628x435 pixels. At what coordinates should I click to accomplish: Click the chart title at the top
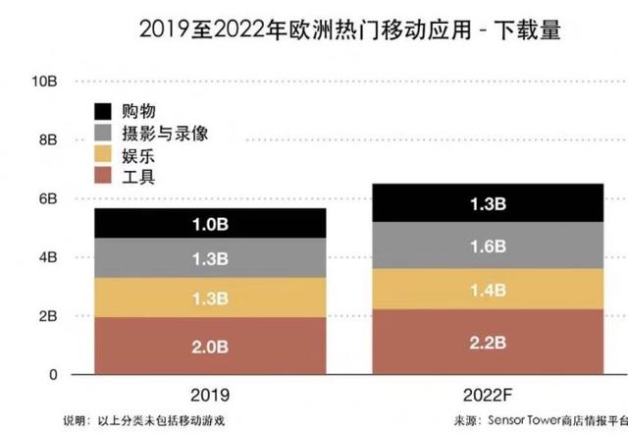[x=314, y=31]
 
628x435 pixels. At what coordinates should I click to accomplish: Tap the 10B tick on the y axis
[x=46, y=81]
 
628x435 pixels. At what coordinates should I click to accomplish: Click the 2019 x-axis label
[x=212, y=395]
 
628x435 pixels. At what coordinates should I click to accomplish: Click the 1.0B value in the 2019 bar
[x=212, y=225]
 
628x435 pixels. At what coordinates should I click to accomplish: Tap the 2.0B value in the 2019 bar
[x=212, y=346]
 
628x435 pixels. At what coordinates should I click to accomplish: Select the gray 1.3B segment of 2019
[x=212, y=259]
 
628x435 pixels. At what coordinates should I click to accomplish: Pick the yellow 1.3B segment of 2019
[x=212, y=299]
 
